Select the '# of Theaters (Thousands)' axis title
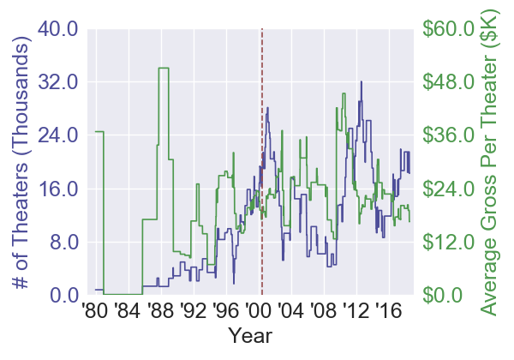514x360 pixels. click(x=22, y=162)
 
